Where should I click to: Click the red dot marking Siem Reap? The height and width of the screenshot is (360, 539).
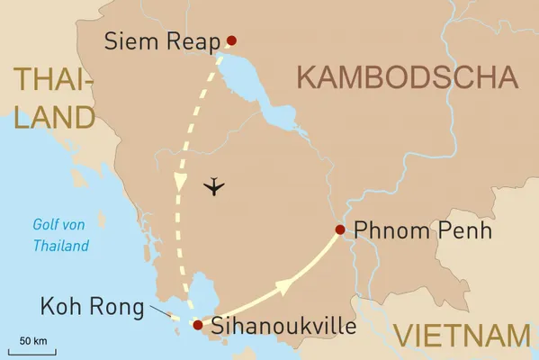pyautogui.click(x=231, y=40)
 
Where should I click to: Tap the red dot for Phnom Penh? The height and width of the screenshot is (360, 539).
pyautogui.click(x=339, y=229)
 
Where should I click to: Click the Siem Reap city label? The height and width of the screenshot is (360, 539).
pyautogui.click(x=163, y=40)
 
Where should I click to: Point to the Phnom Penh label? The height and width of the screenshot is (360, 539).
pyautogui.click(x=423, y=230)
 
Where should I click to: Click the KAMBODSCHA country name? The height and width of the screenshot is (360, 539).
pyautogui.click(x=408, y=78)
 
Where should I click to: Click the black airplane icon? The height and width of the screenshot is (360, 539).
pyautogui.click(x=214, y=187)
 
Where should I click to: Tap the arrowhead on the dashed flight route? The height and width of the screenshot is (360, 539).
pyautogui.click(x=180, y=180)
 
